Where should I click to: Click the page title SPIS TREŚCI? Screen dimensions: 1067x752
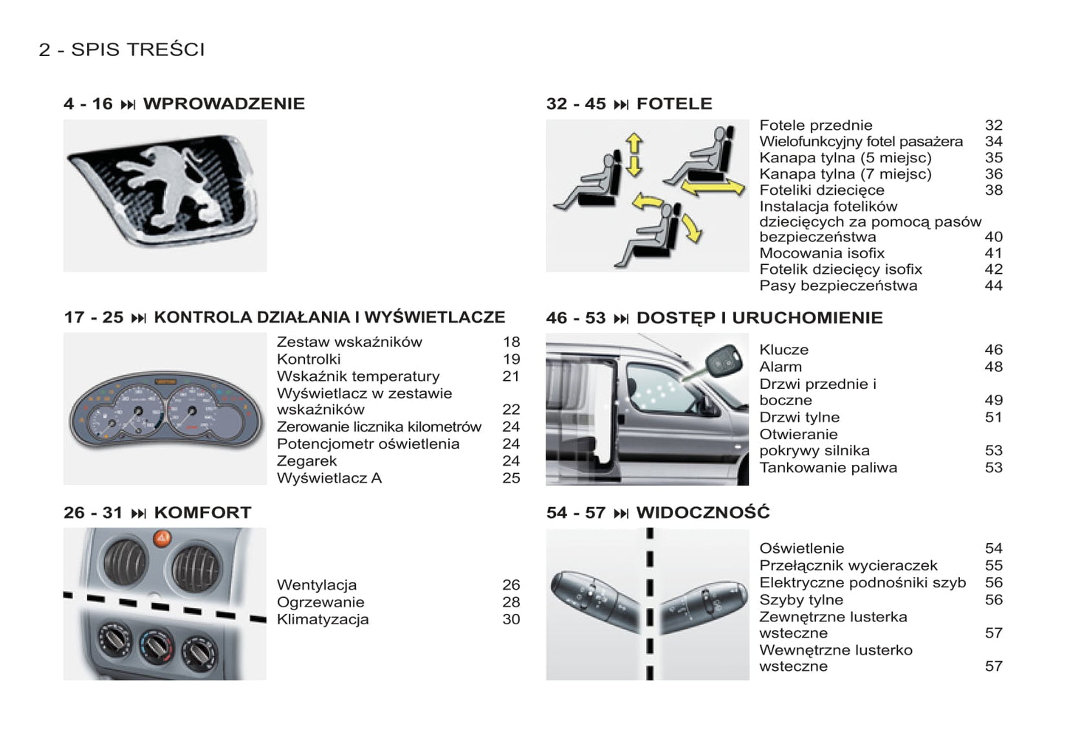click(x=138, y=49)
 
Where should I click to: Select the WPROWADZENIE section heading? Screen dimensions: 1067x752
click(x=224, y=104)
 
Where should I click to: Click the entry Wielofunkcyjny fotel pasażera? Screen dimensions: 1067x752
click(x=861, y=142)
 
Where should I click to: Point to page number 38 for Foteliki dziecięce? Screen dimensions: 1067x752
click(x=994, y=190)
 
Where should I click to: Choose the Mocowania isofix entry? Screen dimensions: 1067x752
click(x=822, y=252)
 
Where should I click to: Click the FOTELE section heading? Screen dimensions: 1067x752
click(x=674, y=104)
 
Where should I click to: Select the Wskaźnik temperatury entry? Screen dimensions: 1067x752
click(x=358, y=376)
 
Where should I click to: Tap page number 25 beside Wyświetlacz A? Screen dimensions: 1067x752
click(x=511, y=478)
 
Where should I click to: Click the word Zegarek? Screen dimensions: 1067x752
click(x=306, y=460)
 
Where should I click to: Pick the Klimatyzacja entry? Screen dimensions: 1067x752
click(x=323, y=620)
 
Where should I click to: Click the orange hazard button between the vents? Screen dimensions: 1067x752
click(x=162, y=539)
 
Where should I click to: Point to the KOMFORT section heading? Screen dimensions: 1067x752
click(x=202, y=513)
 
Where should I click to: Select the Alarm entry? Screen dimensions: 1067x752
click(x=780, y=367)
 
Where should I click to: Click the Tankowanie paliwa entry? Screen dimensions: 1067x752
click(x=828, y=468)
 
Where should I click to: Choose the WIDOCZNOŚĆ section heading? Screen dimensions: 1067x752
click(x=703, y=512)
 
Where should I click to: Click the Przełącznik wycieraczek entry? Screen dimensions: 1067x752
click(x=848, y=565)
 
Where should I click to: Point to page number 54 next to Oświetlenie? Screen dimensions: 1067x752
click(x=994, y=548)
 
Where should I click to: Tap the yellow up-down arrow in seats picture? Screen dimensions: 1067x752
click(x=634, y=155)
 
